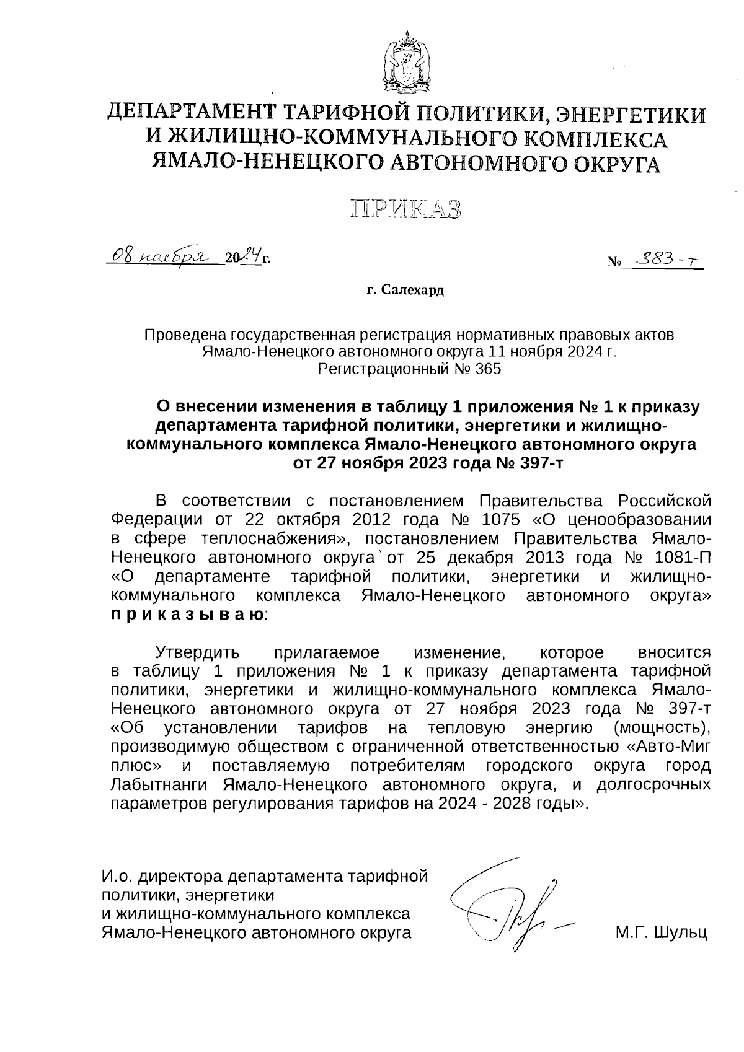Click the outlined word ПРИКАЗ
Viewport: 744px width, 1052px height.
coord(406,209)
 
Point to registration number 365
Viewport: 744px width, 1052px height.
coord(488,370)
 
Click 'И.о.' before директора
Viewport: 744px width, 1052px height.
coord(117,877)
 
